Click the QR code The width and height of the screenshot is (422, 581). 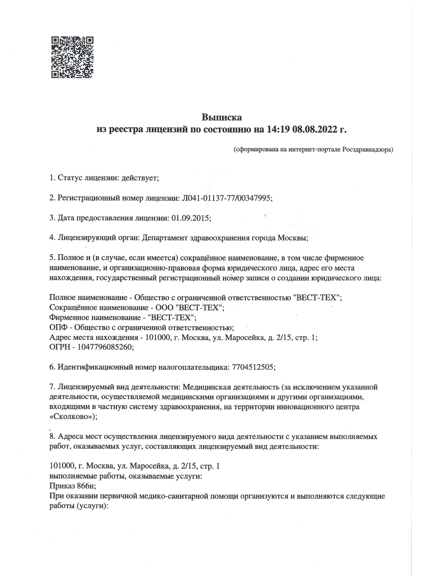point(72,57)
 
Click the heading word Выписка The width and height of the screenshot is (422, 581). point(222,118)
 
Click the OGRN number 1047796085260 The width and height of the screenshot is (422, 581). point(105,347)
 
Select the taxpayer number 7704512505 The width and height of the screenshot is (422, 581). point(253,367)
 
